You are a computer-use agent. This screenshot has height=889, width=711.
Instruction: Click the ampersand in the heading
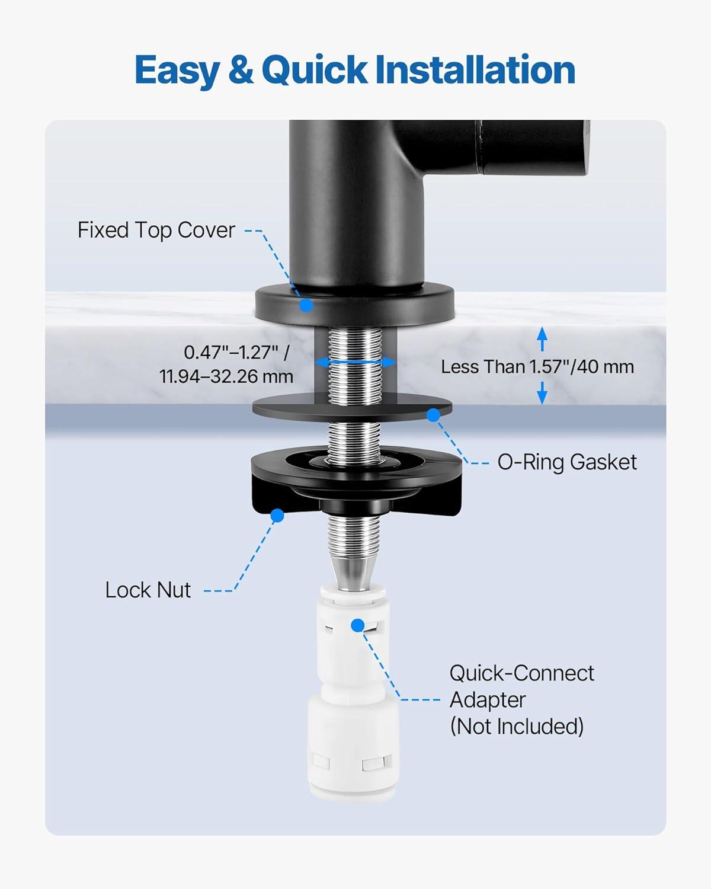(x=241, y=70)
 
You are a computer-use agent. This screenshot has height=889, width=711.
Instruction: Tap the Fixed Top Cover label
(x=156, y=230)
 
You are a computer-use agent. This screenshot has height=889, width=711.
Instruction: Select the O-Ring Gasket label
(x=567, y=462)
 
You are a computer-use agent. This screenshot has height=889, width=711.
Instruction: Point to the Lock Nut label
(x=148, y=590)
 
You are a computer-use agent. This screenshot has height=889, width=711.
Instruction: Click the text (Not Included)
(x=517, y=737)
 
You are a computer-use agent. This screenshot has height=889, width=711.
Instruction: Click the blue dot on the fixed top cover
(x=306, y=305)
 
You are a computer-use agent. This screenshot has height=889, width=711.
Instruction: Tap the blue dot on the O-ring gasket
(x=433, y=415)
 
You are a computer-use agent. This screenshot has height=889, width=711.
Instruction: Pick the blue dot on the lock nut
(x=277, y=515)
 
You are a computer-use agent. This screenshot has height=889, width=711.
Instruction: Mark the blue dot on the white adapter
(x=358, y=625)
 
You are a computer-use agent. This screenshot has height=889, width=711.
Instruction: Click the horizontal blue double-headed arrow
(x=355, y=362)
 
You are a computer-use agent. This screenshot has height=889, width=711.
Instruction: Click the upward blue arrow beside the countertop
(x=542, y=339)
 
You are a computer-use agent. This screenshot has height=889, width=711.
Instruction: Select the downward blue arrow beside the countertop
(x=542, y=392)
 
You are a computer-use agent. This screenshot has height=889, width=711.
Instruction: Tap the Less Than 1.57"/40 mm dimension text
(x=537, y=366)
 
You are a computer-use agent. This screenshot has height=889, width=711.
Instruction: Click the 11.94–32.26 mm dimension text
(x=226, y=376)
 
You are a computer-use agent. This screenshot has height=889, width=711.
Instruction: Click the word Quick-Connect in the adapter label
(x=521, y=673)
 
